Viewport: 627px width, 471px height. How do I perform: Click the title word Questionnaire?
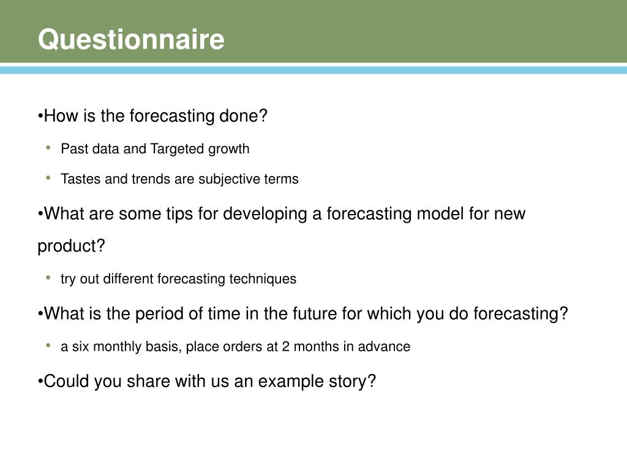pyautogui.click(x=131, y=40)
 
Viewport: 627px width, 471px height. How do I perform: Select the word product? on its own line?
pyautogui.click(x=72, y=247)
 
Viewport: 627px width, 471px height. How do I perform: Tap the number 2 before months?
pyautogui.click(x=285, y=347)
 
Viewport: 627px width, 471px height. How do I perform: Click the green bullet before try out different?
pyautogui.click(x=48, y=278)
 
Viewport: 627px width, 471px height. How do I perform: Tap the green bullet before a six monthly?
pyautogui.click(x=48, y=346)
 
